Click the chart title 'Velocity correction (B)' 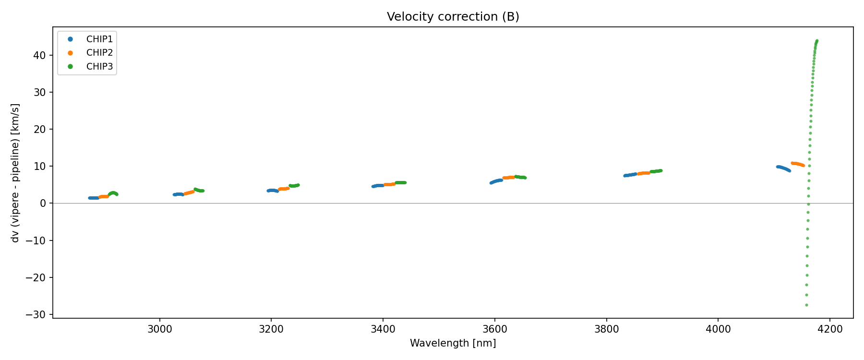pos(453,17)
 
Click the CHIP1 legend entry pos(99,39)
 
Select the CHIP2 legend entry pos(99,53)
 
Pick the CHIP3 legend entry pos(99,67)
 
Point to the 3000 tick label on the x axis pos(159,329)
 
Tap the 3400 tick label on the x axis pos(383,329)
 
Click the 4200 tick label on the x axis pos(830,329)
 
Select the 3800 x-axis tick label pos(606,329)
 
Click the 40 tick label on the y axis pos(40,56)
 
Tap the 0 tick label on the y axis pos(43,204)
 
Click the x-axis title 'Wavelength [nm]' pos(453,343)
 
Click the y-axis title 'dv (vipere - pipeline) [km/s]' pos(15,173)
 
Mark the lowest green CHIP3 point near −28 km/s pos(806,305)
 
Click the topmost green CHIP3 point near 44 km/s pos(816,41)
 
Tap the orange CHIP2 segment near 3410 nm pos(389,184)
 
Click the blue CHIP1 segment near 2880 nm pos(93,198)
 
